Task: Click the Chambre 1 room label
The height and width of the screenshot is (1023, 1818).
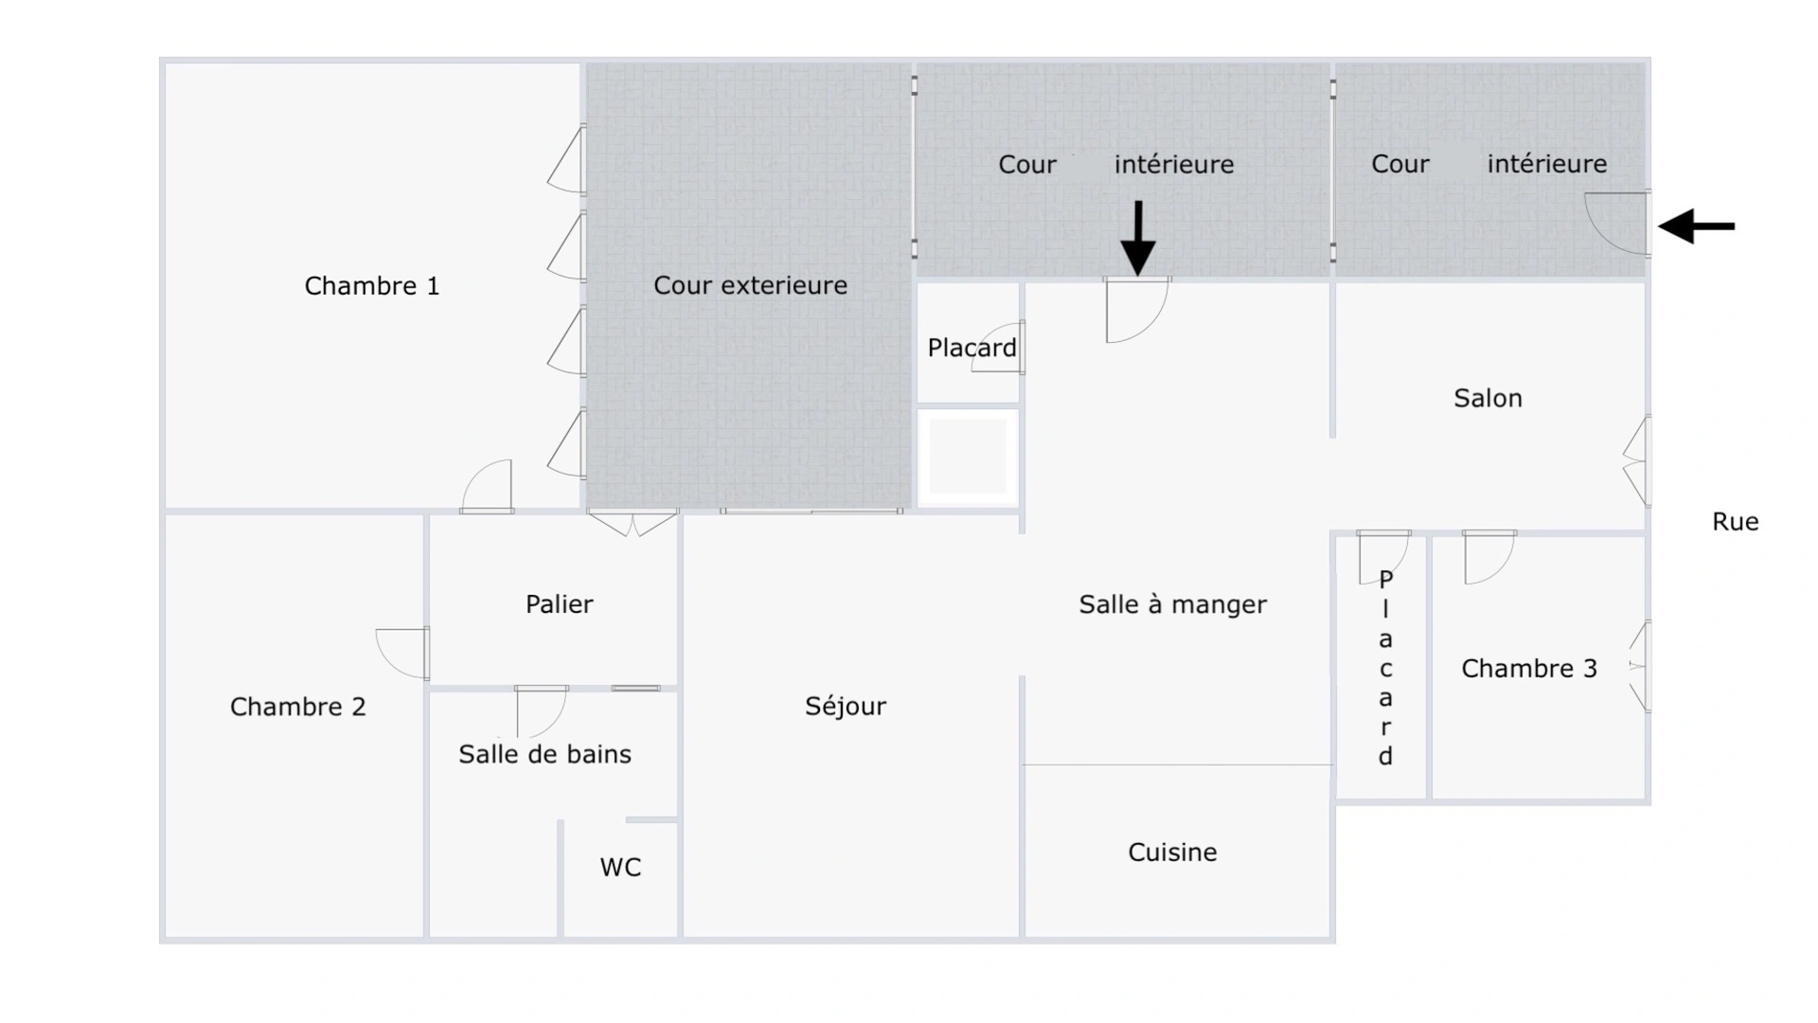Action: (x=372, y=286)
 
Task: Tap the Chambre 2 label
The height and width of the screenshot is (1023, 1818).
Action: (x=297, y=707)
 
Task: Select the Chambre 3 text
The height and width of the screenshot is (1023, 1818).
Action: (x=1529, y=669)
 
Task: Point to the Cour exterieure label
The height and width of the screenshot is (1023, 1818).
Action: (x=750, y=285)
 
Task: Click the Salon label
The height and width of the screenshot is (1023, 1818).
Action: (x=1488, y=398)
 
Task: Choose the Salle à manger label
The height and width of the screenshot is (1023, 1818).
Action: (x=1172, y=604)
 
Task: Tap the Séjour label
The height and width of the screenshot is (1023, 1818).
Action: (x=846, y=707)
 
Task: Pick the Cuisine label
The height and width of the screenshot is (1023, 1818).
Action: (x=1172, y=852)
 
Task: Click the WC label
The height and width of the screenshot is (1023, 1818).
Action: (x=620, y=868)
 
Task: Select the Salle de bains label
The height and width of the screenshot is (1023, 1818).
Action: (x=544, y=754)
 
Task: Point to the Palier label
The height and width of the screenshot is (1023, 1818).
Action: (x=559, y=604)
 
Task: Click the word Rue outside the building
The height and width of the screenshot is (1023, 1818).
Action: (x=1735, y=522)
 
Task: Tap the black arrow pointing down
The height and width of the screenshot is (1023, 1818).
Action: (x=1138, y=238)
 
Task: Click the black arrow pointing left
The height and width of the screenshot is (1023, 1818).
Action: (x=1697, y=226)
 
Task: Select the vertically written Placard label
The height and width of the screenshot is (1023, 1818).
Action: (x=1385, y=668)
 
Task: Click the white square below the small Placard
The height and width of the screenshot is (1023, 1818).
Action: (x=967, y=458)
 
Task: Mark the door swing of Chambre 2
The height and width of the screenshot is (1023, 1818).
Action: (x=402, y=654)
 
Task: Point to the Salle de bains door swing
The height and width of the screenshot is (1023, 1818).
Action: (x=541, y=711)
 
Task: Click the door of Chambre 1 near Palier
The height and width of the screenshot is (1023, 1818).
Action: (x=487, y=487)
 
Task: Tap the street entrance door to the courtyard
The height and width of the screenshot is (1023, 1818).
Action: (x=1617, y=224)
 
